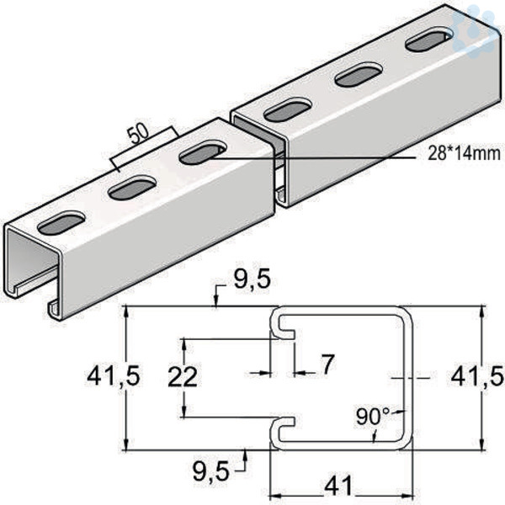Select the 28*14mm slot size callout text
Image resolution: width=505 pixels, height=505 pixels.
464,154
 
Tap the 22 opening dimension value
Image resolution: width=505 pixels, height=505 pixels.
183,376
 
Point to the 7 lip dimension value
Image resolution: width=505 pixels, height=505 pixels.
327,364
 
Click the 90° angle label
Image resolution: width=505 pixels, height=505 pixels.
373,417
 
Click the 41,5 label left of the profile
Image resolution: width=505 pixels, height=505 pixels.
114,376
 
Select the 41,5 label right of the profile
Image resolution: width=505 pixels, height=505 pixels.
477,377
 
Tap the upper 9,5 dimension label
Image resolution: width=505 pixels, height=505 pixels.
252,279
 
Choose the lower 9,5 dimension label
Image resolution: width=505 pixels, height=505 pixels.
211,470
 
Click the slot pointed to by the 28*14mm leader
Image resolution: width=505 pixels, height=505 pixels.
203,152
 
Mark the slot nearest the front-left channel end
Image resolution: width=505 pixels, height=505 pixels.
61,223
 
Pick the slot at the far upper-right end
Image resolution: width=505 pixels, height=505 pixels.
429,40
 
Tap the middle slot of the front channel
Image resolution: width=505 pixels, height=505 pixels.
132,188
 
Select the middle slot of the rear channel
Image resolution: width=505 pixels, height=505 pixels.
359,75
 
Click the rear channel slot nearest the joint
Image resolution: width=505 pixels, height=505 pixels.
288,109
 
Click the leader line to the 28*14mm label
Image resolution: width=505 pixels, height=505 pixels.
311,158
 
